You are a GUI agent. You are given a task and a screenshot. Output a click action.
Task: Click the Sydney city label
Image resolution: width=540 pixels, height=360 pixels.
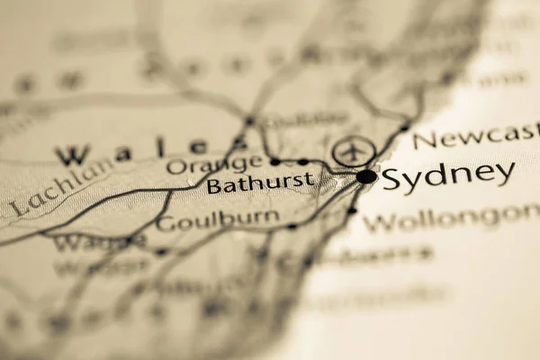click(448, 176)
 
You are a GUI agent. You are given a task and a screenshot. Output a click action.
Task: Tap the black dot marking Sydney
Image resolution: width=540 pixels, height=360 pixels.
click(365, 176)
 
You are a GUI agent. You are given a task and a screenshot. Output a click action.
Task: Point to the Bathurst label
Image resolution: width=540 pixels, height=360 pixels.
click(260, 184)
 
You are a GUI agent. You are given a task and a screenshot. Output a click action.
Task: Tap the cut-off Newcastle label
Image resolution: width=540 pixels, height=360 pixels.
click(475, 139)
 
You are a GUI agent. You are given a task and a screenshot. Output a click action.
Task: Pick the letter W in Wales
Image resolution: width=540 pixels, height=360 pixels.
click(72, 154)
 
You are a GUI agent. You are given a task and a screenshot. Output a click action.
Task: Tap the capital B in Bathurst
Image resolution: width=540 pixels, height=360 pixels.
click(213, 186)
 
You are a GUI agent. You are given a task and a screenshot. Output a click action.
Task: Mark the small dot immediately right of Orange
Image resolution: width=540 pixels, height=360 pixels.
click(274, 162)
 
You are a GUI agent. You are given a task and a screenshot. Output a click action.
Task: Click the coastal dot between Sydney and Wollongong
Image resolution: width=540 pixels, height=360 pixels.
click(352, 211)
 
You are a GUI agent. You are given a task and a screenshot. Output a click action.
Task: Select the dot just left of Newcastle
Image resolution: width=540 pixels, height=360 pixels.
click(404, 127)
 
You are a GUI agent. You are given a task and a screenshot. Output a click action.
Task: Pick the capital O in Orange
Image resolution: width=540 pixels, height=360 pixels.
click(175, 166)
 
